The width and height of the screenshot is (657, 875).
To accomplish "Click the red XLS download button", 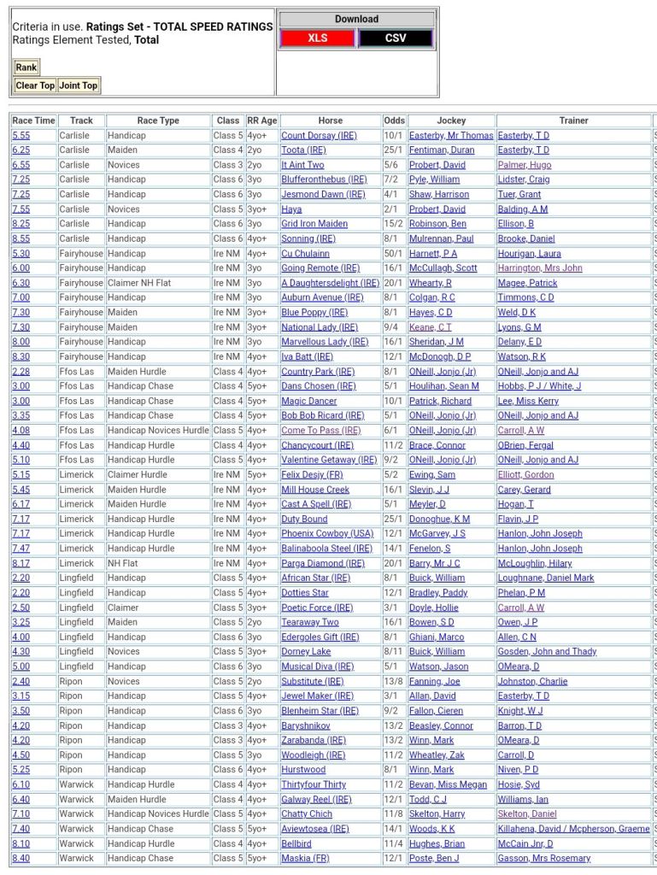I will coord(318,38).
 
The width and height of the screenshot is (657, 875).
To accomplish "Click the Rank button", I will coord(26,68).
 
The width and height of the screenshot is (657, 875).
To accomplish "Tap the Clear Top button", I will coord(35,85).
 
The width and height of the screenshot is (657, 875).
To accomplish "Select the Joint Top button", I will coord(79,85).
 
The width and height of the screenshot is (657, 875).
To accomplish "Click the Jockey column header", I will coord(451,120).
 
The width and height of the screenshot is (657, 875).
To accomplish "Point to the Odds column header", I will coord(395,120).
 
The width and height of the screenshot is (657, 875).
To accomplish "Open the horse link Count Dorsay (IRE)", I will coord(319,135).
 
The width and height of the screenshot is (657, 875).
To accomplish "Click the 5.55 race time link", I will coord(21,135).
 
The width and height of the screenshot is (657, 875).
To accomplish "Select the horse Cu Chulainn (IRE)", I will coord(305,254).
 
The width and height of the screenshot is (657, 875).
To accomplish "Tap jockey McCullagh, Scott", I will coord(443,268).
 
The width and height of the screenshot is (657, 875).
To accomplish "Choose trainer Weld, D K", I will coord(517,313).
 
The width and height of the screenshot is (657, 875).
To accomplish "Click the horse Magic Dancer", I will coord(308,401).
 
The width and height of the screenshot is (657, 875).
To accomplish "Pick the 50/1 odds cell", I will coord(394,254).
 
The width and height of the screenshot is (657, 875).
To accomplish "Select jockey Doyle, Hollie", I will coord(435,608).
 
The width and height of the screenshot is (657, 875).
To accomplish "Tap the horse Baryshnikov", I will coord(306,725).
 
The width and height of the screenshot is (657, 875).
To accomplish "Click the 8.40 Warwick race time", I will coord(21,858).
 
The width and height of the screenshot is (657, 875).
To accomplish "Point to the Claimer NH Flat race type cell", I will coord(139,283).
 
